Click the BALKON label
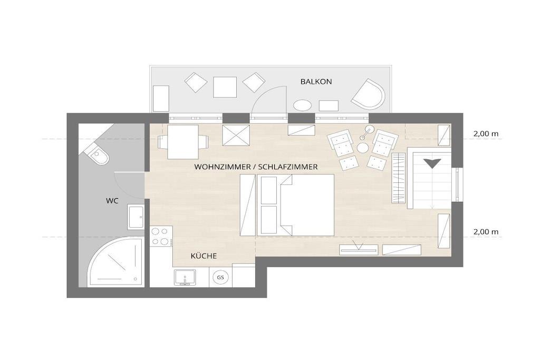tap(316, 82)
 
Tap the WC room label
tap(112, 201)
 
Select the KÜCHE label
tap(204, 256)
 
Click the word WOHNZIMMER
tap(222, 167)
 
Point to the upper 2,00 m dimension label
tap(486, 134)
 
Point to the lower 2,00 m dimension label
tap(486, 232)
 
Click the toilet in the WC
tap(98, 154)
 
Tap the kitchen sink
tap(185, 277)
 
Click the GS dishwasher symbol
tap(220, 277)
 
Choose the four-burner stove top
tap(161, 236)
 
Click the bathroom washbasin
tap(136, 217)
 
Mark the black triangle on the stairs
tap(432, 163)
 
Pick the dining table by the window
tap(183, 142)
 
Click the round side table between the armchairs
tap(363, 148)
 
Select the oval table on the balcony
tap(302, 105)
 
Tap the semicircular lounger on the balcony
tap(369, 95)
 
